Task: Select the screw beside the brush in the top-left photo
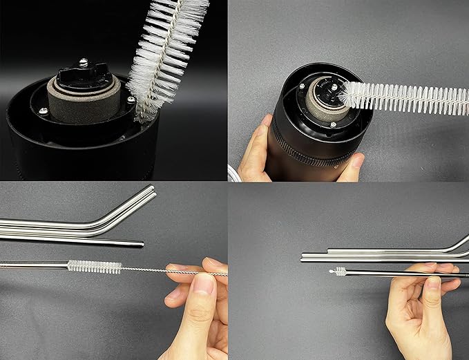(131, 100)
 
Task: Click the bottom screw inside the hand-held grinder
(333, 124)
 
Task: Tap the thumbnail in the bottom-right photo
(434, 283)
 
